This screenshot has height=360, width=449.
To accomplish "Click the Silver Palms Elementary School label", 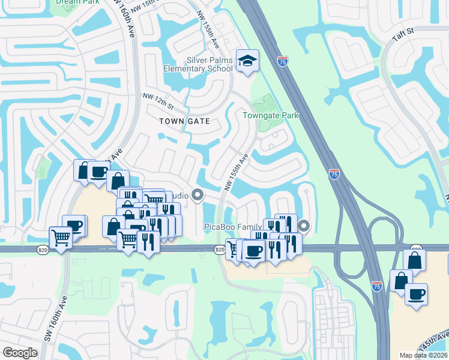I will [x=197, y=64].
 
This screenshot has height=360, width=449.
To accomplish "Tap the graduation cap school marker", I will [x=247, y=61].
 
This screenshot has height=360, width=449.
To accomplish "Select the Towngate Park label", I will [x=270, y=115].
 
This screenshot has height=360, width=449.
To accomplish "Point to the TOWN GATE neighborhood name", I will [x=184, y=121].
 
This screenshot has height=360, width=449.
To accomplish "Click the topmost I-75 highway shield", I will [x=283, y=61].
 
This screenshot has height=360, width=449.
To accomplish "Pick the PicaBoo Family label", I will [x=232, y=227].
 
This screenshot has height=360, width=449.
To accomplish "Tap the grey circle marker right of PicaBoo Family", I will [x=304, y=226].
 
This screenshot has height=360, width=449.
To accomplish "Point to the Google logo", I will [x=20, y=353].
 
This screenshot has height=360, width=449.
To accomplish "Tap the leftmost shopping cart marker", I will [x=61, y=238].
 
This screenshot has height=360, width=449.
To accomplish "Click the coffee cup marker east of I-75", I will [x=415, y=295].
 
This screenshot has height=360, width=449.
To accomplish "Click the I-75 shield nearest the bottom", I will [x=376, y=287].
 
